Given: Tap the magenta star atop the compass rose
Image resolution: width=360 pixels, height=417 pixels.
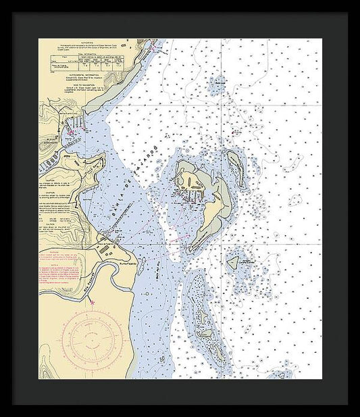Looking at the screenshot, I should click(x=93, y=302).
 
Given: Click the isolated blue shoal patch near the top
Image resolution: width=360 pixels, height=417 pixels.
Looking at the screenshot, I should click(x=217, y=85).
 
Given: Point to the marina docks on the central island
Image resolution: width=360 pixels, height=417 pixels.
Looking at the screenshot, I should click(x=190, y=196).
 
